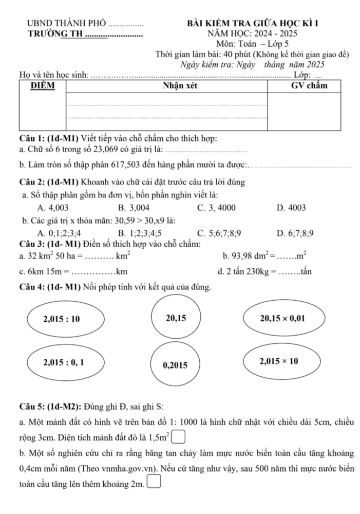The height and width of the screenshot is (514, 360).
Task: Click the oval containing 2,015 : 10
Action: [62, 319]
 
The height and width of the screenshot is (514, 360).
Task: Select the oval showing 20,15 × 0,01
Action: [283, 319]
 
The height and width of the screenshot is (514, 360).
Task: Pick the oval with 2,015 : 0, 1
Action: [62, 361]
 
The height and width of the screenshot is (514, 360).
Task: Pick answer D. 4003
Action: [291, 208]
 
